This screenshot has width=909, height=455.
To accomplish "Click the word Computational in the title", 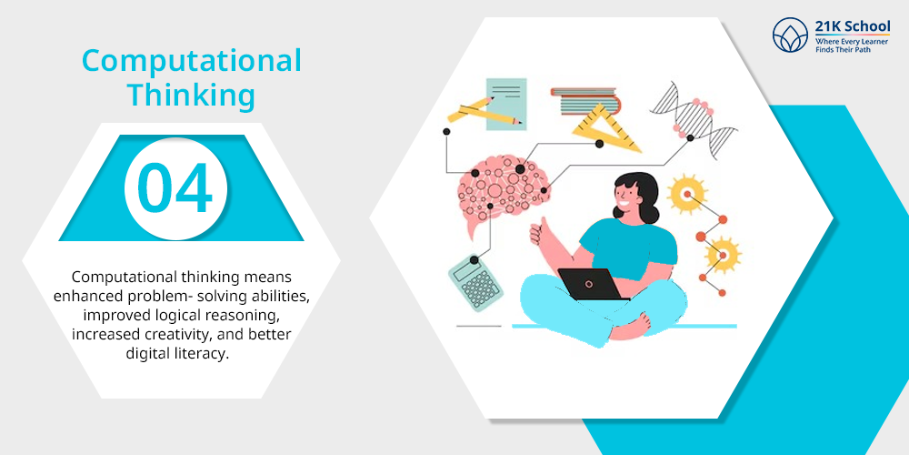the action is tap(191, 61).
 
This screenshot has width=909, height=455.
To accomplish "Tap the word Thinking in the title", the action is tap(191, 95).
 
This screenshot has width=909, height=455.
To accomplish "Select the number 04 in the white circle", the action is tap(175, 188).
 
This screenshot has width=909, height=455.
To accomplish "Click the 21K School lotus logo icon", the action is tap(790, 35).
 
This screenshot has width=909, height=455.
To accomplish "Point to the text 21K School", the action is tap(853, 26).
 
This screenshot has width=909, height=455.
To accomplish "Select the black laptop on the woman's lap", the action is tap(593, 284).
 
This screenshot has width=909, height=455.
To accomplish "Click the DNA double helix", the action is tap(694, 120).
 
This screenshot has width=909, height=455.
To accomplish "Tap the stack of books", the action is tap(584, 100).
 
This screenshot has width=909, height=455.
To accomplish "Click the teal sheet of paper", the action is tap(506, 104).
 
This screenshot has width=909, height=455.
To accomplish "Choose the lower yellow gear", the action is tap(723, 254).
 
